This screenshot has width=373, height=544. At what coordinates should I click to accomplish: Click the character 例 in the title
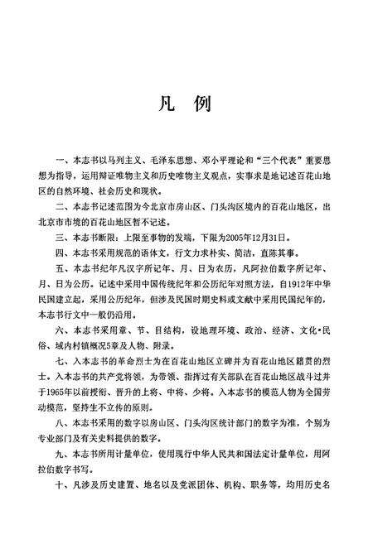point(204,106)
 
